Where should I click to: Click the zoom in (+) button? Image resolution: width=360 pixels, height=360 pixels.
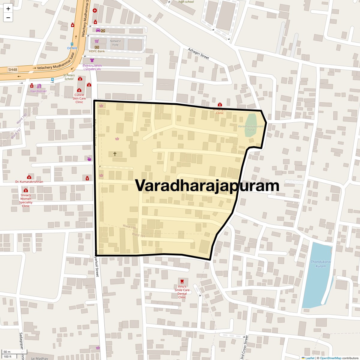[8, 9]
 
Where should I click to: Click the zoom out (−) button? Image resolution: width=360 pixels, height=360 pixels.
[8, 18]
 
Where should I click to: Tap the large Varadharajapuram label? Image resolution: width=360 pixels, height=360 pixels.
[207, 185]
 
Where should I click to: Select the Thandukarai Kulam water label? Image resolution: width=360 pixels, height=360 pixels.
[321, 264]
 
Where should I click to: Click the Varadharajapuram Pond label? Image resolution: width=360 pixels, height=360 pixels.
[250, 128]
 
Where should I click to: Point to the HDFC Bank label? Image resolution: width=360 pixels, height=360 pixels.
[97, 51]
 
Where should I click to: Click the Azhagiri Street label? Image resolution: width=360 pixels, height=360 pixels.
[198, 53]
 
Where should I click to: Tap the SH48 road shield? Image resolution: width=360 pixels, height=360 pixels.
[13, 70]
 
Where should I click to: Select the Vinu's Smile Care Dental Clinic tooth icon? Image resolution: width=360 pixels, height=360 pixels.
[181, 281]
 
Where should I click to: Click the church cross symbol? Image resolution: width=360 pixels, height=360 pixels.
[115, 154]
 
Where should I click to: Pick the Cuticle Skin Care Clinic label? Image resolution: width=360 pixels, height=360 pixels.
[79, 98]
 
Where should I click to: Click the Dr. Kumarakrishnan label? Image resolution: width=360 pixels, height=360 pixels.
[29, 182]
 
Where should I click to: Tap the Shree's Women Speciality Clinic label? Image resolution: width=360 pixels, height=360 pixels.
[26, 200]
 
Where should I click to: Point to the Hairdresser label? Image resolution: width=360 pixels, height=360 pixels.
[38, 91]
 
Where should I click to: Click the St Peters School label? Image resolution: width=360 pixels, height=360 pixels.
[69, 77]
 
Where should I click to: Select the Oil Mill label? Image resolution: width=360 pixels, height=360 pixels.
[72, 48]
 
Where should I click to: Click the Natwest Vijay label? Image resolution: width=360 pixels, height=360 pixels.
[115, 43]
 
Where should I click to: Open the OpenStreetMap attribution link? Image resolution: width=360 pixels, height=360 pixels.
[330, 358]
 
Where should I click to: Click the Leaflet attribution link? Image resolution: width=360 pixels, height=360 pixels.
[310, 358]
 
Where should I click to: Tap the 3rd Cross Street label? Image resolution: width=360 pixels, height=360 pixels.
[244, 348]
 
